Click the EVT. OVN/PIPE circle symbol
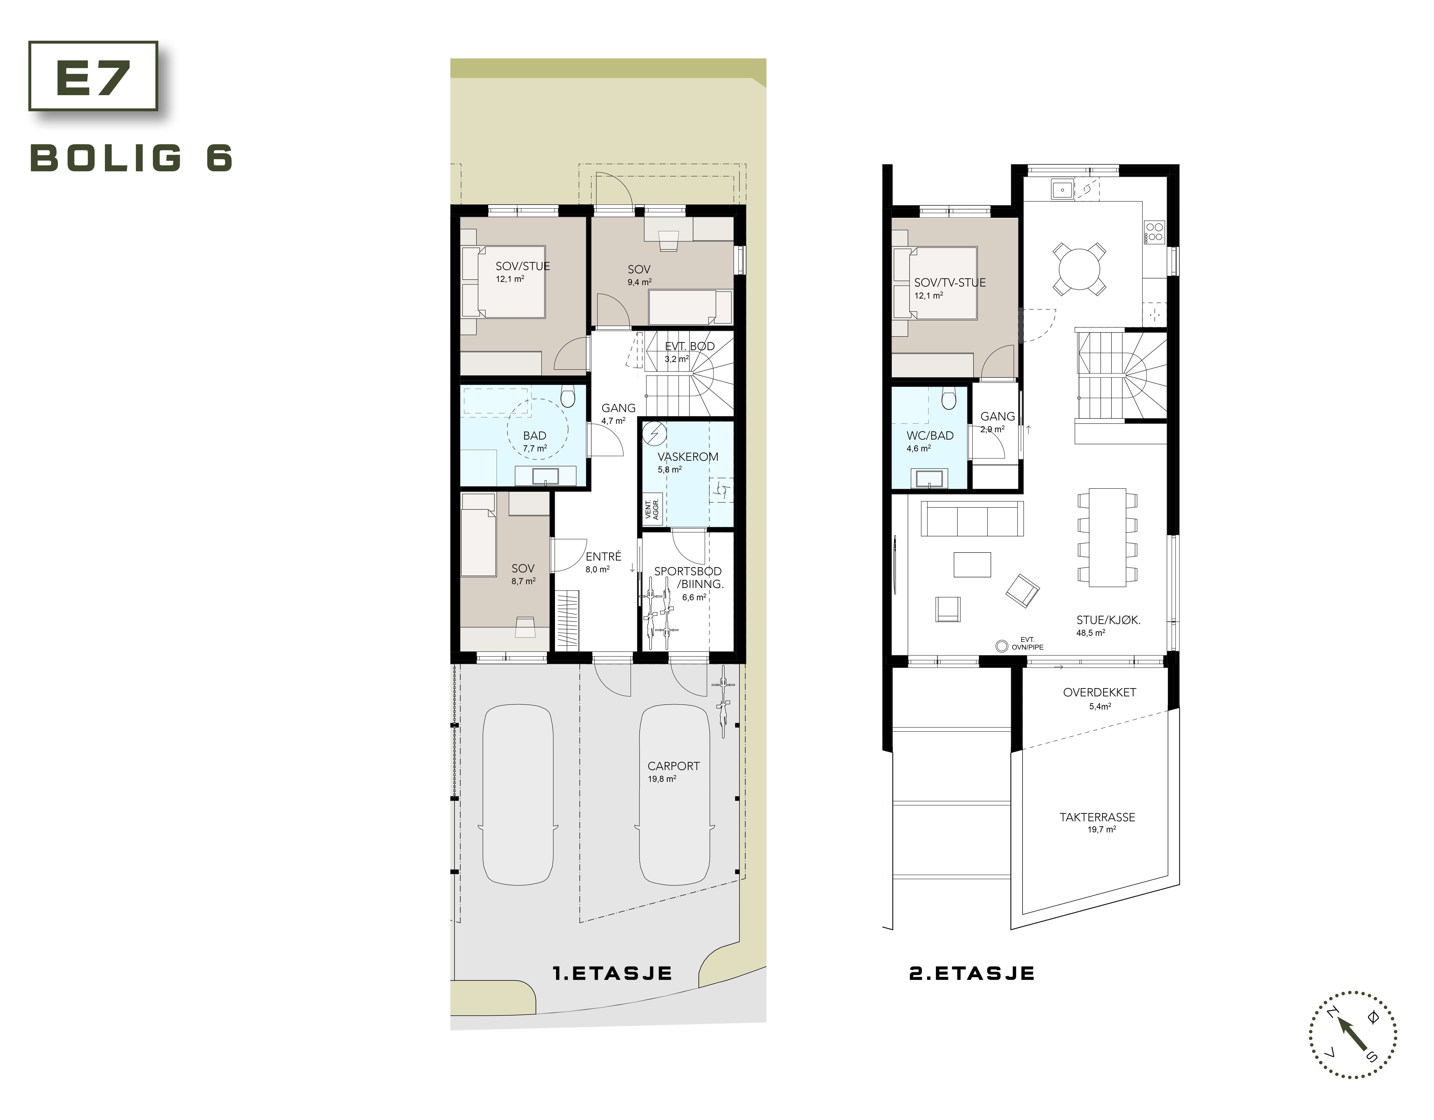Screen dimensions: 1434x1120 (x=1001, y=646)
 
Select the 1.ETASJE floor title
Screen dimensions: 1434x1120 (x=613, y=973)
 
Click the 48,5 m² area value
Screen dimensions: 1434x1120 (x=1091, y=633)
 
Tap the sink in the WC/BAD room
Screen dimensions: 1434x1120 (x=929, y=479)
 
